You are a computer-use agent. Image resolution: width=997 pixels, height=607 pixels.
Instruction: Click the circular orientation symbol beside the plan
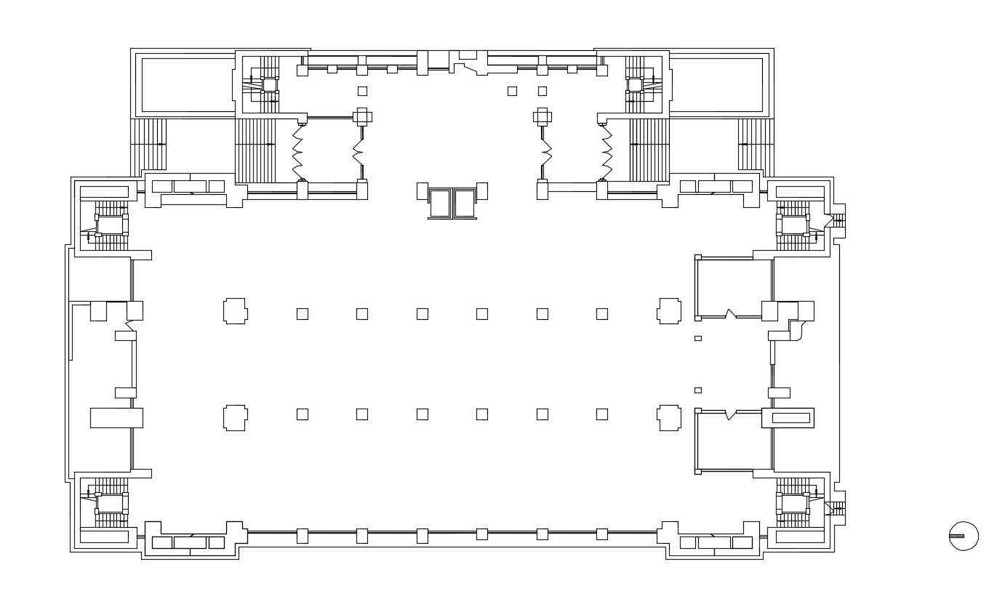[x=964, y=536]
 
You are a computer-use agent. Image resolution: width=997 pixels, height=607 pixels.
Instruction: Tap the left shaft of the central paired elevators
[x=440, y=203]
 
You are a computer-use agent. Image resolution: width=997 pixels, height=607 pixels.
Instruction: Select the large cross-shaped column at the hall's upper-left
[x=235, y=311]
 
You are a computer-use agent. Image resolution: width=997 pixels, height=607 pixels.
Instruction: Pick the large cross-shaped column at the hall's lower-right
[x=669, y=418]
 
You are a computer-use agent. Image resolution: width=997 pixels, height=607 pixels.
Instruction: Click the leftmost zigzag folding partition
[x=297, y=152]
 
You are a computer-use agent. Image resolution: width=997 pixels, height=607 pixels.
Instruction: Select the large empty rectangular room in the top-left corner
[x=188, y=85]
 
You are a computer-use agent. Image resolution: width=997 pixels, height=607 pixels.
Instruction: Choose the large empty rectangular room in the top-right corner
[x=716, y=85]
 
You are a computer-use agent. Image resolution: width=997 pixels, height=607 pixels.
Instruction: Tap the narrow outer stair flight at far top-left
[x=148, y=145]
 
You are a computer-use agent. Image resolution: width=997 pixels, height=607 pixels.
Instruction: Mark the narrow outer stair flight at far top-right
[x=755, y=145]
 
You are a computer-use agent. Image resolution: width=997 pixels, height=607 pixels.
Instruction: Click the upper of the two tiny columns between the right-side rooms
[x=698, y=338]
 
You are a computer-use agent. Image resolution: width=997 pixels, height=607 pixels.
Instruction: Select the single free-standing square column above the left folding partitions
[x=362, y=91]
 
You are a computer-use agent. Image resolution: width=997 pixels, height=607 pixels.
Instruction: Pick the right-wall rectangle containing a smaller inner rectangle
[x=790, y=418]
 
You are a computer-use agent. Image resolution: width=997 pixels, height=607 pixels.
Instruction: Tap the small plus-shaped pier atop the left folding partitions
[x=362, y=116]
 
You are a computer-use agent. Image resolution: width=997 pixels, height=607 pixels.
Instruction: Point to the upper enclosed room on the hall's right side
[x=733, y=288]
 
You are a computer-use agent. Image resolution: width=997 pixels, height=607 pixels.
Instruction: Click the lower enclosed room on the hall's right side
[x=733, y=441]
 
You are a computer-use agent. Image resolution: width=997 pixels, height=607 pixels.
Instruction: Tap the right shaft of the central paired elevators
[x=464, y=203]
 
